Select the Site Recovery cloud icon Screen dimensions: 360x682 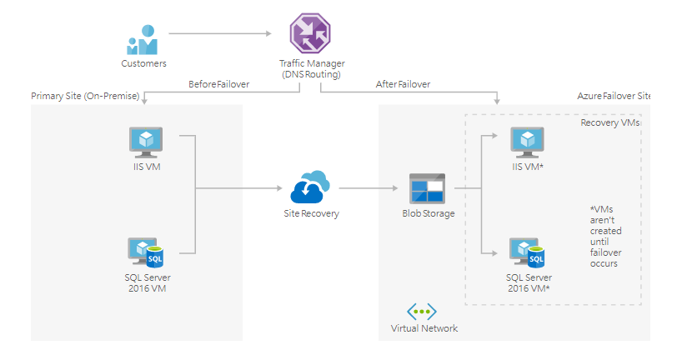pos(311,188)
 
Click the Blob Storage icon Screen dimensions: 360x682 pos(427,190)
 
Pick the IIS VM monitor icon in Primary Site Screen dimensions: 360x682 pos(145,142)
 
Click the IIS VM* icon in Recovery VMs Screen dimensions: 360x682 pos(527,142)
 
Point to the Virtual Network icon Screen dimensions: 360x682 pos(423,312)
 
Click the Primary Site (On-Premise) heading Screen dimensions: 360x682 pos(85,96)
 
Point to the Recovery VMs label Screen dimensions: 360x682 pos(609,122)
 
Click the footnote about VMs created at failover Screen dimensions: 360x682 pos(606,237)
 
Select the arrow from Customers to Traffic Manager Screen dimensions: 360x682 pos(220,34)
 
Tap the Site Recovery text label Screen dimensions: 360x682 pos(311,213)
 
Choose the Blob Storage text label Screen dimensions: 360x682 pos(429,213)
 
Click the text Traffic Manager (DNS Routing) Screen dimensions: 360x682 pos(312,69)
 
